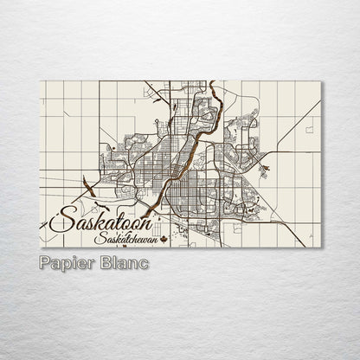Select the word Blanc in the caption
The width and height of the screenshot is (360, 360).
point(123,261)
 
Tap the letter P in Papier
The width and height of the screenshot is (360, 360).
point(45,261)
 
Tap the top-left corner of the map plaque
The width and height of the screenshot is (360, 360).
point(41,81)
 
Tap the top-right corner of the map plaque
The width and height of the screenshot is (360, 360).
point(322,81)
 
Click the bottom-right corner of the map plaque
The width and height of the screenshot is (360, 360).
point(322,247)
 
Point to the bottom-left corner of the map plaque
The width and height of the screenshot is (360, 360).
point(41,247)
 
